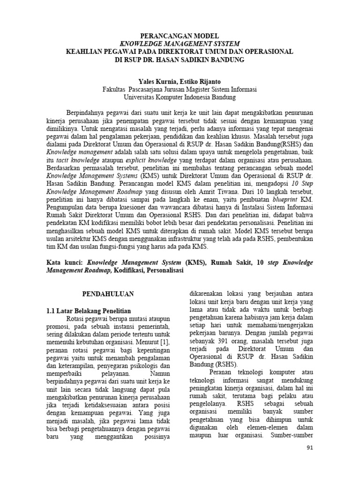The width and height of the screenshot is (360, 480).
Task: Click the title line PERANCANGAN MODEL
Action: pos(180,36)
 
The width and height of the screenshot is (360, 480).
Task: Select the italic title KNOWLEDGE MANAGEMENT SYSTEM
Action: pos(180,44)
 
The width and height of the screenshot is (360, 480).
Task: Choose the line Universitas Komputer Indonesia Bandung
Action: pos(180,97)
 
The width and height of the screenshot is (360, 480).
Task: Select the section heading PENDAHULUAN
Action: pos(108,294)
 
